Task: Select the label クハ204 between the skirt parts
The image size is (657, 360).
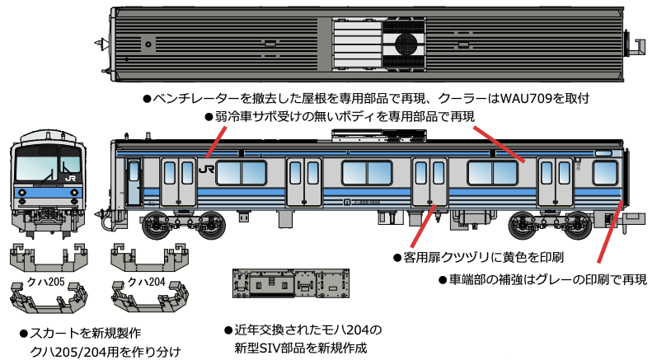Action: (x=147, y=281)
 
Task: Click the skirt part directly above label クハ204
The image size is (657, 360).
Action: (x=147, y=256)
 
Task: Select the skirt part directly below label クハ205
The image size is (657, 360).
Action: (x=46, y=300)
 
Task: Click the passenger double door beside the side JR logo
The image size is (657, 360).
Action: (x=179, y=180)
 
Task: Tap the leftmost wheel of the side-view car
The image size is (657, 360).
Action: (x=156, y=224)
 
